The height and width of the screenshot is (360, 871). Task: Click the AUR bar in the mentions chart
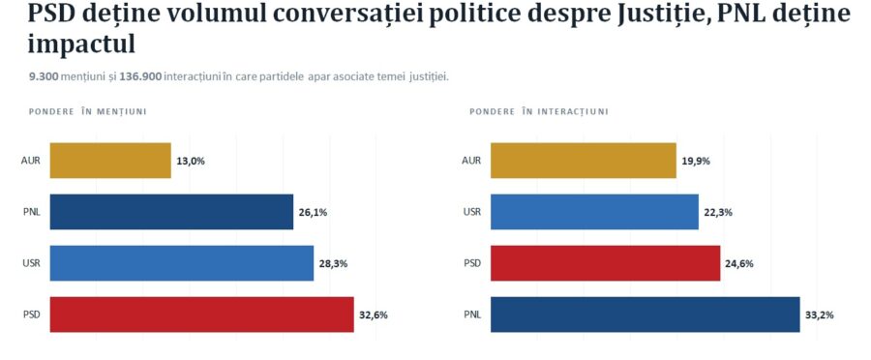pos(110,161)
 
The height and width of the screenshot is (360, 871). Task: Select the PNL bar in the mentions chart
pos(171,212)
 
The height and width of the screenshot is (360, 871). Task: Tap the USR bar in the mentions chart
pos(182,263)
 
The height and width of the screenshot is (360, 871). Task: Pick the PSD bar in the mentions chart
pos(201,315)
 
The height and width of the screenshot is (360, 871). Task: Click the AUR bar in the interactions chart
pos(584,161)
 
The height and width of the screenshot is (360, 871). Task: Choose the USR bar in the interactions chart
pos(594,212)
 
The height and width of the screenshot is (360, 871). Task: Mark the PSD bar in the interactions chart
pos(606,263)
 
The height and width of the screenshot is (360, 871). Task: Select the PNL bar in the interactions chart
pos(645,315)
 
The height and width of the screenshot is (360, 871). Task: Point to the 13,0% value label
pos(191,161)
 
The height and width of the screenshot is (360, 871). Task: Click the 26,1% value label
pos(313,212)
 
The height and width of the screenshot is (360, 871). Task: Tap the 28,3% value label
pos(333,264)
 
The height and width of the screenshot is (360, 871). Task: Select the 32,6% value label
pos(374,315)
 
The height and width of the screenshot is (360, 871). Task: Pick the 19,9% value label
pos(696,161)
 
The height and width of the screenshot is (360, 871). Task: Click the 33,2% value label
pos(820,315)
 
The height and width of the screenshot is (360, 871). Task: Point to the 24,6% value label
pos(739,264)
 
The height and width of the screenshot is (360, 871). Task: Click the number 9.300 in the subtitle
pos(44,76)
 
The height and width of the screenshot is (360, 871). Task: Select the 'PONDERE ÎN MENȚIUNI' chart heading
pos(87,111)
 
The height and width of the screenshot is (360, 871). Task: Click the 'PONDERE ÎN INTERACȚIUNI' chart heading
pos(539,111)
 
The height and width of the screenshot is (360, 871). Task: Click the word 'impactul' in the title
pos(81,45)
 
